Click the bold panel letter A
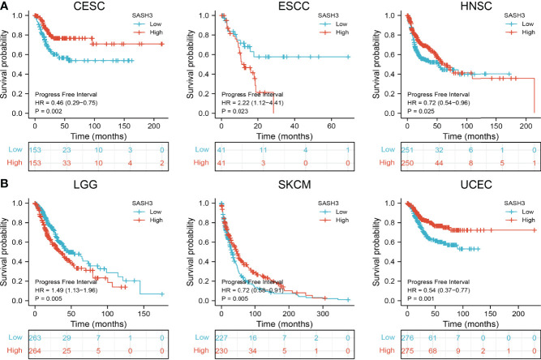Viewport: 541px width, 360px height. (5, 6)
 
